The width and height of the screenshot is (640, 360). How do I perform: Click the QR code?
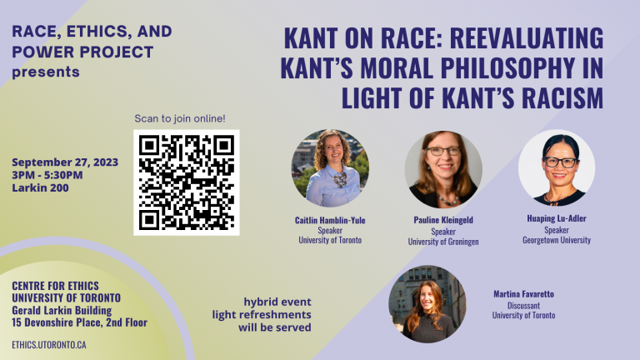click(187, 182)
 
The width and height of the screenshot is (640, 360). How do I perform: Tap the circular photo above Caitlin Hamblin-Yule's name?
click(330, 168)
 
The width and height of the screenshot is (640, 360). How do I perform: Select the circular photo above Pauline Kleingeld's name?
click(443, 169)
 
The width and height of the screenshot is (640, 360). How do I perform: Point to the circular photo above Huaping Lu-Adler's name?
click(557, 167)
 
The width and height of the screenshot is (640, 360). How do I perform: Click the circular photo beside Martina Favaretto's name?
click(427, 304)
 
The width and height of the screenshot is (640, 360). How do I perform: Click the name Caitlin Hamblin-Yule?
click(330, 220)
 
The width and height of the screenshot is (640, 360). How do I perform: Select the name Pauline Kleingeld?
click(443, 220)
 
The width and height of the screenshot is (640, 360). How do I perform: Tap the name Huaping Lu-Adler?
click(557, 218)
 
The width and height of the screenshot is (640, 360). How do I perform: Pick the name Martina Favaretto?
click(523, 294)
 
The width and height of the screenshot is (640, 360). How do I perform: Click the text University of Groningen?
click(443, 242)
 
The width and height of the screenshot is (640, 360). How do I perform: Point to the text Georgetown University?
click(557, 240)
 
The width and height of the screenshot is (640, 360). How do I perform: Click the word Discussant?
click(523, 305)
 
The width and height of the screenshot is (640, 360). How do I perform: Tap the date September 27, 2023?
click(65, 162)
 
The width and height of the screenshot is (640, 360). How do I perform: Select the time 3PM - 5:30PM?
click(47, 175)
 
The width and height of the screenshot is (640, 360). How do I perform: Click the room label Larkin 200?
click(40, 187)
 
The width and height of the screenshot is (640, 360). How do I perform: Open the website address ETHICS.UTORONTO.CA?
click(49, 345)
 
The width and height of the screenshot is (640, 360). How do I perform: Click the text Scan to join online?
click(180, 119)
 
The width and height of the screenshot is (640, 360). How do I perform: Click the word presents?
click(46, 72)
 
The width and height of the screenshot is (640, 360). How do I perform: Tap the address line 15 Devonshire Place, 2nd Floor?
click(80, 322)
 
